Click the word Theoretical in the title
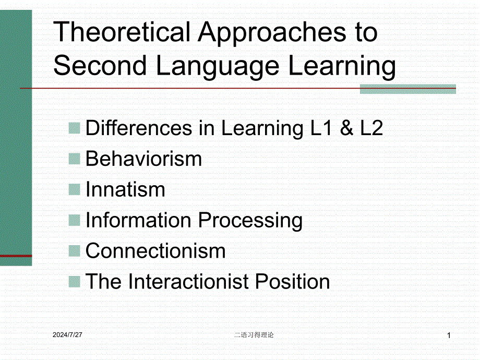tap(122, 31)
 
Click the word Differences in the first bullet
tap(139, 128)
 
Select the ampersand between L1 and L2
tap(346, 128)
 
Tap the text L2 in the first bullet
tap(371, 128)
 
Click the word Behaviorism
tap(143, 159)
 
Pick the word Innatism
tap(125, 189)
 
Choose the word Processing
tap(250, 221)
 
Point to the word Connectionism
tap(155, 251)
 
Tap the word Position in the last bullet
tap(292, 281)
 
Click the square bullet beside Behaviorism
tap(75, 159)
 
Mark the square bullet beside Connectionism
tap(75, 251)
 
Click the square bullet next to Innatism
tap(75, 189)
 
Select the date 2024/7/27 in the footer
tap(67, 335)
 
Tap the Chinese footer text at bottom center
tap(254, 335)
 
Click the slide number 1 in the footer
tap(449, 335)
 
